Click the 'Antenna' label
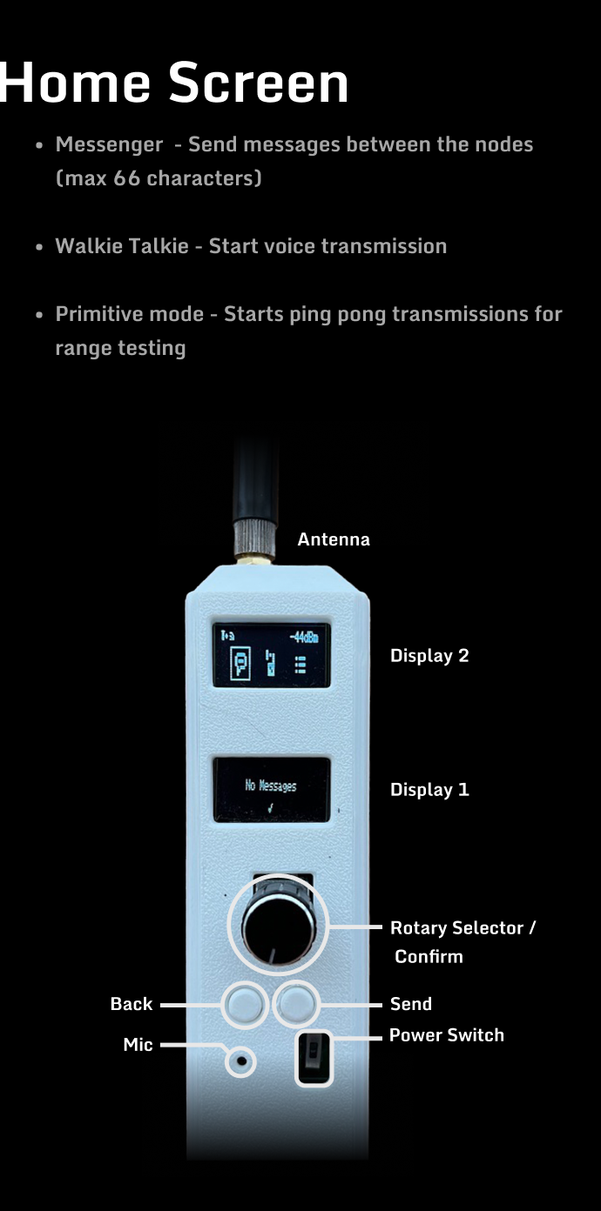point(334,539)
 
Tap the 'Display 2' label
point(429,655)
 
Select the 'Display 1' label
point(429,789)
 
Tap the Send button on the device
point(296,1003)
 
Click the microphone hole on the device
point(241,1061)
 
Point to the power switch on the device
point(314,1058)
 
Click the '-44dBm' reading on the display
point(304,638)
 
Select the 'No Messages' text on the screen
point(271,786)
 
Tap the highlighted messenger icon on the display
point(240,663)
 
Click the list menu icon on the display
point(300,665)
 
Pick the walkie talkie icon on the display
point(270,663)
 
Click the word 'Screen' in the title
point(259,83)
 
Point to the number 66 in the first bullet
point(126,177)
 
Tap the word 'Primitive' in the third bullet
point(130,314)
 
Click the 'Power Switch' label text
point(447,1034)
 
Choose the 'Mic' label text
point(138,1045)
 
